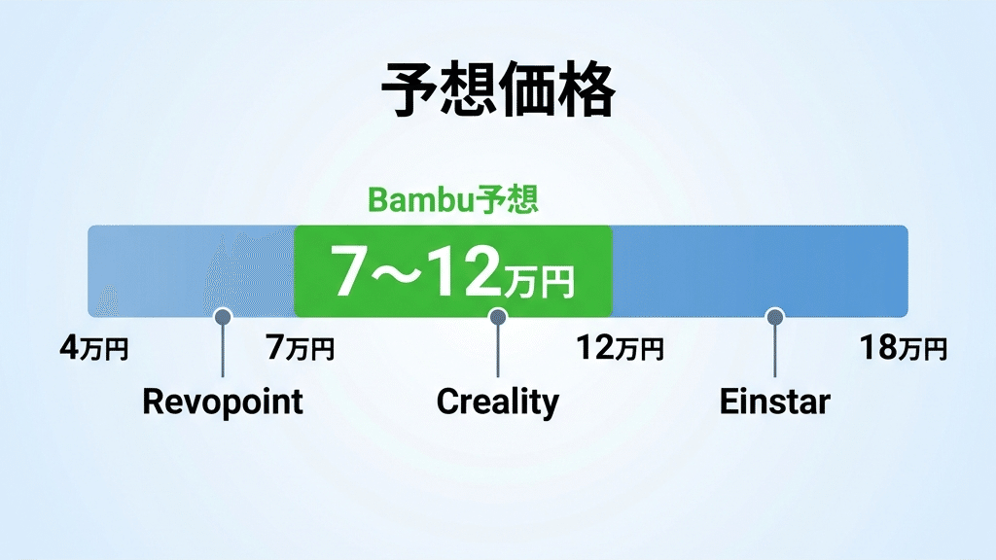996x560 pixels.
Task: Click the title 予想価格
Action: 497,91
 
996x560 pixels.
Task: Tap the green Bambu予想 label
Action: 452,201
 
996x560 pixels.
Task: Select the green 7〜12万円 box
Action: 452,271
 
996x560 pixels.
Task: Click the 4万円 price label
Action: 93,348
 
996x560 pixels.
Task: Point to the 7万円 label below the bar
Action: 301,348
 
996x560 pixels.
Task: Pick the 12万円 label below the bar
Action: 620,348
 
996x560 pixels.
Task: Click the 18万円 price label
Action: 903,348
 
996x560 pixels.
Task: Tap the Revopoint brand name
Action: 223,401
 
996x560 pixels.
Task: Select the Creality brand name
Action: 497,401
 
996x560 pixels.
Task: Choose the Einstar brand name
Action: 774,401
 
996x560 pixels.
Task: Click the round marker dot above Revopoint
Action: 223,316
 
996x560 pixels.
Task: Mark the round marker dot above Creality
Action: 498,316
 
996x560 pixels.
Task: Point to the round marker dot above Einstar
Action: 774,316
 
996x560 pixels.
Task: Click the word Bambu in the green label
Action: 418,201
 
